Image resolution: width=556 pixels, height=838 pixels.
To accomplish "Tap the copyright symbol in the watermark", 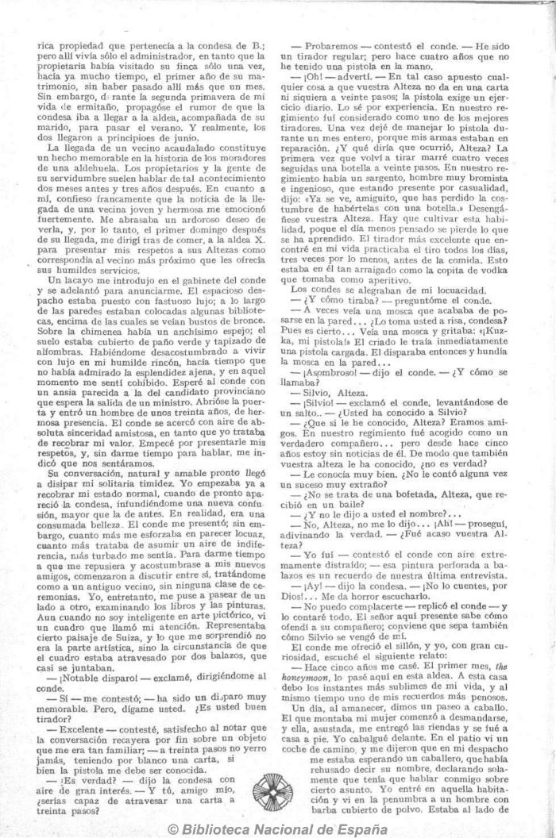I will click(x=174, y=828).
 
